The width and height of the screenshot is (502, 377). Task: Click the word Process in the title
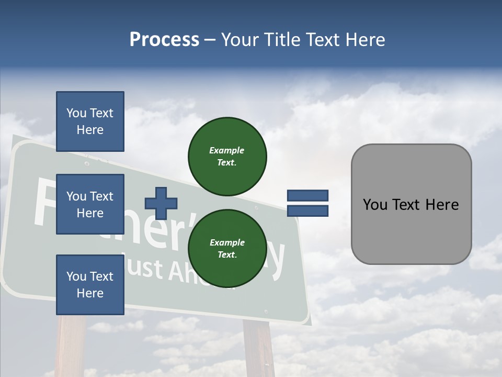[x=164, y=40]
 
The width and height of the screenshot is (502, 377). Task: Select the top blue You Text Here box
[x=90, y=121]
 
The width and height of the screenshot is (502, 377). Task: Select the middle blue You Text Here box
[x=90, y=204]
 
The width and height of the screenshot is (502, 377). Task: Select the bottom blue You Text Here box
[x=90, y=285]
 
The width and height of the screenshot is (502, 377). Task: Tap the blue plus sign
[x=161, y=203]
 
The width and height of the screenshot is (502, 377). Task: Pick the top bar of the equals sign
[x=307, y=196]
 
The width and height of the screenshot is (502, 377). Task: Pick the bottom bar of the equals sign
[x=307, y=211]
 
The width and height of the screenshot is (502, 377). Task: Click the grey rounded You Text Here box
[x=411, y=204]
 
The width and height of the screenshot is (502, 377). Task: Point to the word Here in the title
[x=364, y=40]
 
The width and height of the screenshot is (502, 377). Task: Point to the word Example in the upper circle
[x=227, y=150]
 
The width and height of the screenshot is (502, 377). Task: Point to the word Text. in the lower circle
[x=227, y=255]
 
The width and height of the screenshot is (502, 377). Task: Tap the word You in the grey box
[x=375, y=205]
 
